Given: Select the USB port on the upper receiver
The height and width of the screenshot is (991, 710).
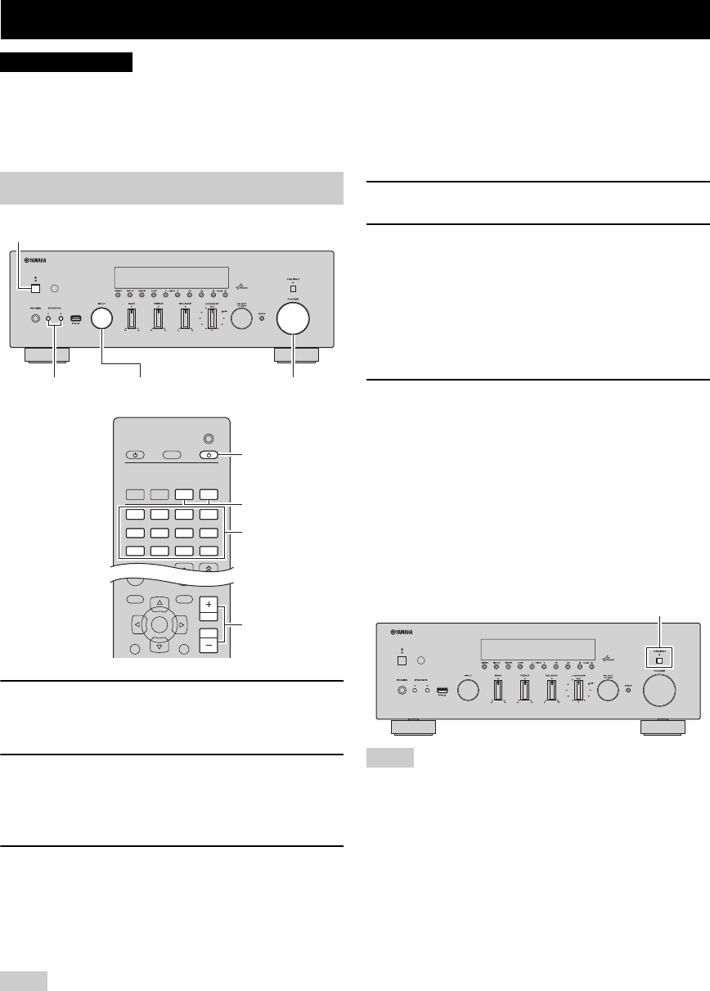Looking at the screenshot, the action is coord(75,318).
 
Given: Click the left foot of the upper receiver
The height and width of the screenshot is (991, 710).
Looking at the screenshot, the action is coord(47,356).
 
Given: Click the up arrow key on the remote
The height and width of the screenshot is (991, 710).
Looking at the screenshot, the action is coord(160,603).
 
